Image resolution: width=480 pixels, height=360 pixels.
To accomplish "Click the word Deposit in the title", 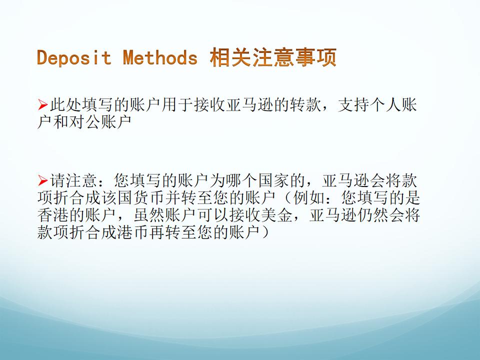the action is coord(74,57).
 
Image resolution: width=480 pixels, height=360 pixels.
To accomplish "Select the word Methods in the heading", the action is coord(160,57).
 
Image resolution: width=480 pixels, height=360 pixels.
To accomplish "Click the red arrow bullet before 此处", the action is coord(43,105).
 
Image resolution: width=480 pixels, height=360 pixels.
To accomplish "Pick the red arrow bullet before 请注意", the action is coord(43,180).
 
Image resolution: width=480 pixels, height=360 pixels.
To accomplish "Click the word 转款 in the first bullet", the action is coord(306,105).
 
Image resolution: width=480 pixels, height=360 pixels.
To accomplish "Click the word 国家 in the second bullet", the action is coord(274,180).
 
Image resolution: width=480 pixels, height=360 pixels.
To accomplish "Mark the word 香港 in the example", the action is coord(53,215).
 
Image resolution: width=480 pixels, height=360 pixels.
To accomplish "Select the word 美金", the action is coord(277,215).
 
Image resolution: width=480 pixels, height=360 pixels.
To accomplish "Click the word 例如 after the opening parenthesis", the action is coord(309,198).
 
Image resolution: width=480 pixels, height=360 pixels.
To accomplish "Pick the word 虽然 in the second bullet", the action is coord(149,215).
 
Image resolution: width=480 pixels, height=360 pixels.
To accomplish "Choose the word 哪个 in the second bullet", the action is coord(242,180).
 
